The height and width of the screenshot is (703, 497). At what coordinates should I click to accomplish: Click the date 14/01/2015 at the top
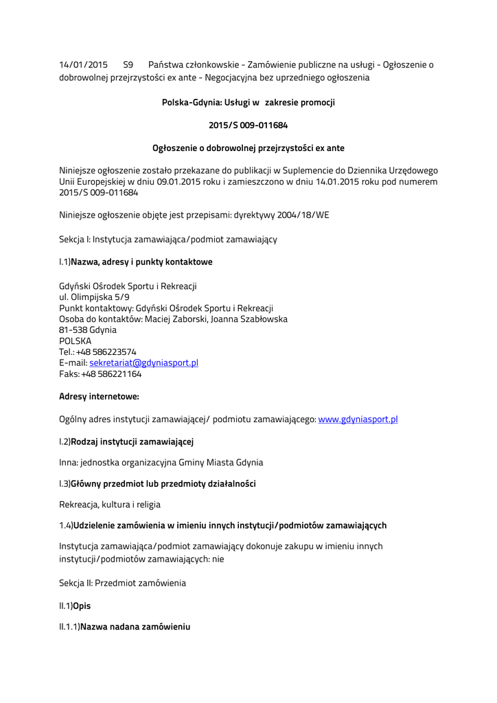[83, 65]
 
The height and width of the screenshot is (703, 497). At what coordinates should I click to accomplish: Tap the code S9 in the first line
[128, 65]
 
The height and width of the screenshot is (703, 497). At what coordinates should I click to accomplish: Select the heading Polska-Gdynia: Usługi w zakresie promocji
[248, 102]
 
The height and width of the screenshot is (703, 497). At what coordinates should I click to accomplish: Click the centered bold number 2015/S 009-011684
[248, 125]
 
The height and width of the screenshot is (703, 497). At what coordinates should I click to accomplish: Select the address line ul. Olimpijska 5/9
[94, 297]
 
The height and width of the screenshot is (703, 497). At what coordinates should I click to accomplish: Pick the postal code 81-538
[72, 330]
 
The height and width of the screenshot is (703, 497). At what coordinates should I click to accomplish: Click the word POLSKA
[75, 341]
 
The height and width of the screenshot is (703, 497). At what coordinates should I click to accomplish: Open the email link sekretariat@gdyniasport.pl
[143, 362]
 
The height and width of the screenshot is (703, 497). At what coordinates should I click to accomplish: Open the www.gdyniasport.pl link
[358, 419]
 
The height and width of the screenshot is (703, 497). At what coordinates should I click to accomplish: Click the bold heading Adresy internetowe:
[99, 397]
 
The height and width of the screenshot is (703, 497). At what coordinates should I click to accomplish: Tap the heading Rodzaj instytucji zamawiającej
[132, 441]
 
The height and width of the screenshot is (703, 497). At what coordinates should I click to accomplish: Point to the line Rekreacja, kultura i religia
[110, 505]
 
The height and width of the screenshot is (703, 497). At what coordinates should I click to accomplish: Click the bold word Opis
[82, 606]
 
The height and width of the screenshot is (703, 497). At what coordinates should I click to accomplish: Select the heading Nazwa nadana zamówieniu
[135, 627]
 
